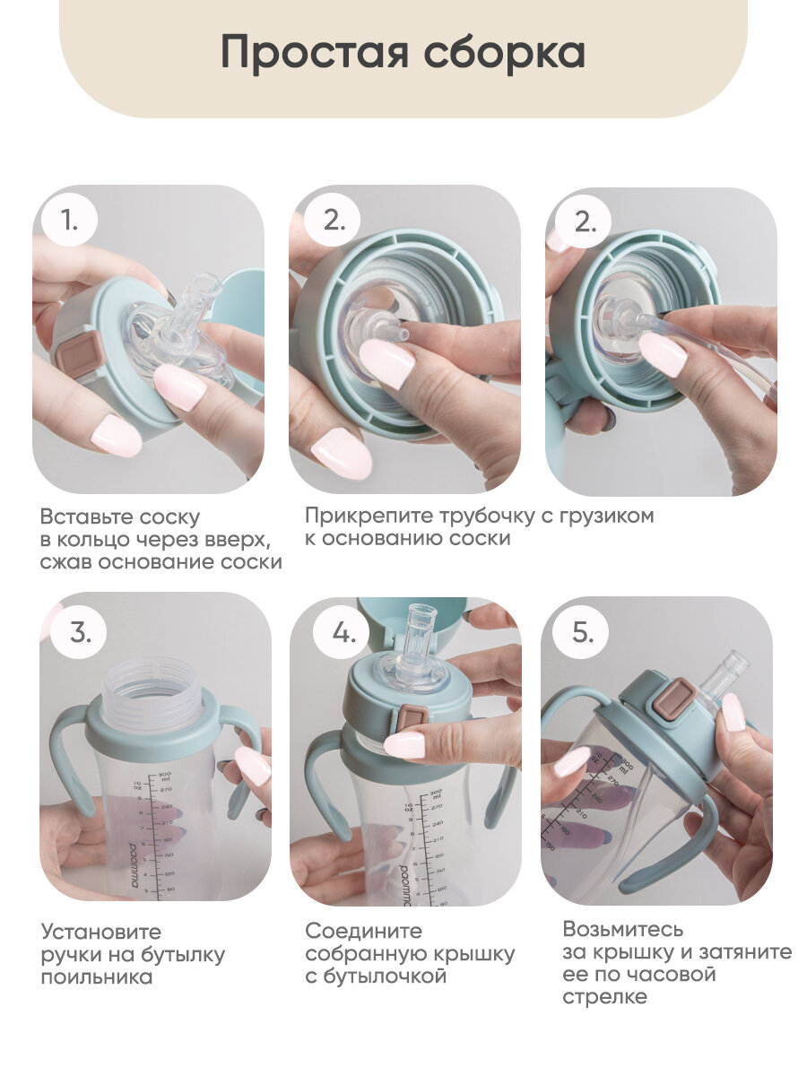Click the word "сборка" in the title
[x=505, y=51]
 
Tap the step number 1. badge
[x=70, y=220]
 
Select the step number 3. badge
[x=80, y=632]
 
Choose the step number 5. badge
[x=582, y=633]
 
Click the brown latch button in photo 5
[x=672, y=700]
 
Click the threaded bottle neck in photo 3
[x=152, y=695]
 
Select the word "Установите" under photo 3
[x=101, y=932]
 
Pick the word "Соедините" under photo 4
[x=363, y=931]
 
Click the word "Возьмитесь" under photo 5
[x=623, y=929]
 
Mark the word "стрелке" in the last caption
[x=604, y=997]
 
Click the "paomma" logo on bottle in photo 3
[x=134, y=865]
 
